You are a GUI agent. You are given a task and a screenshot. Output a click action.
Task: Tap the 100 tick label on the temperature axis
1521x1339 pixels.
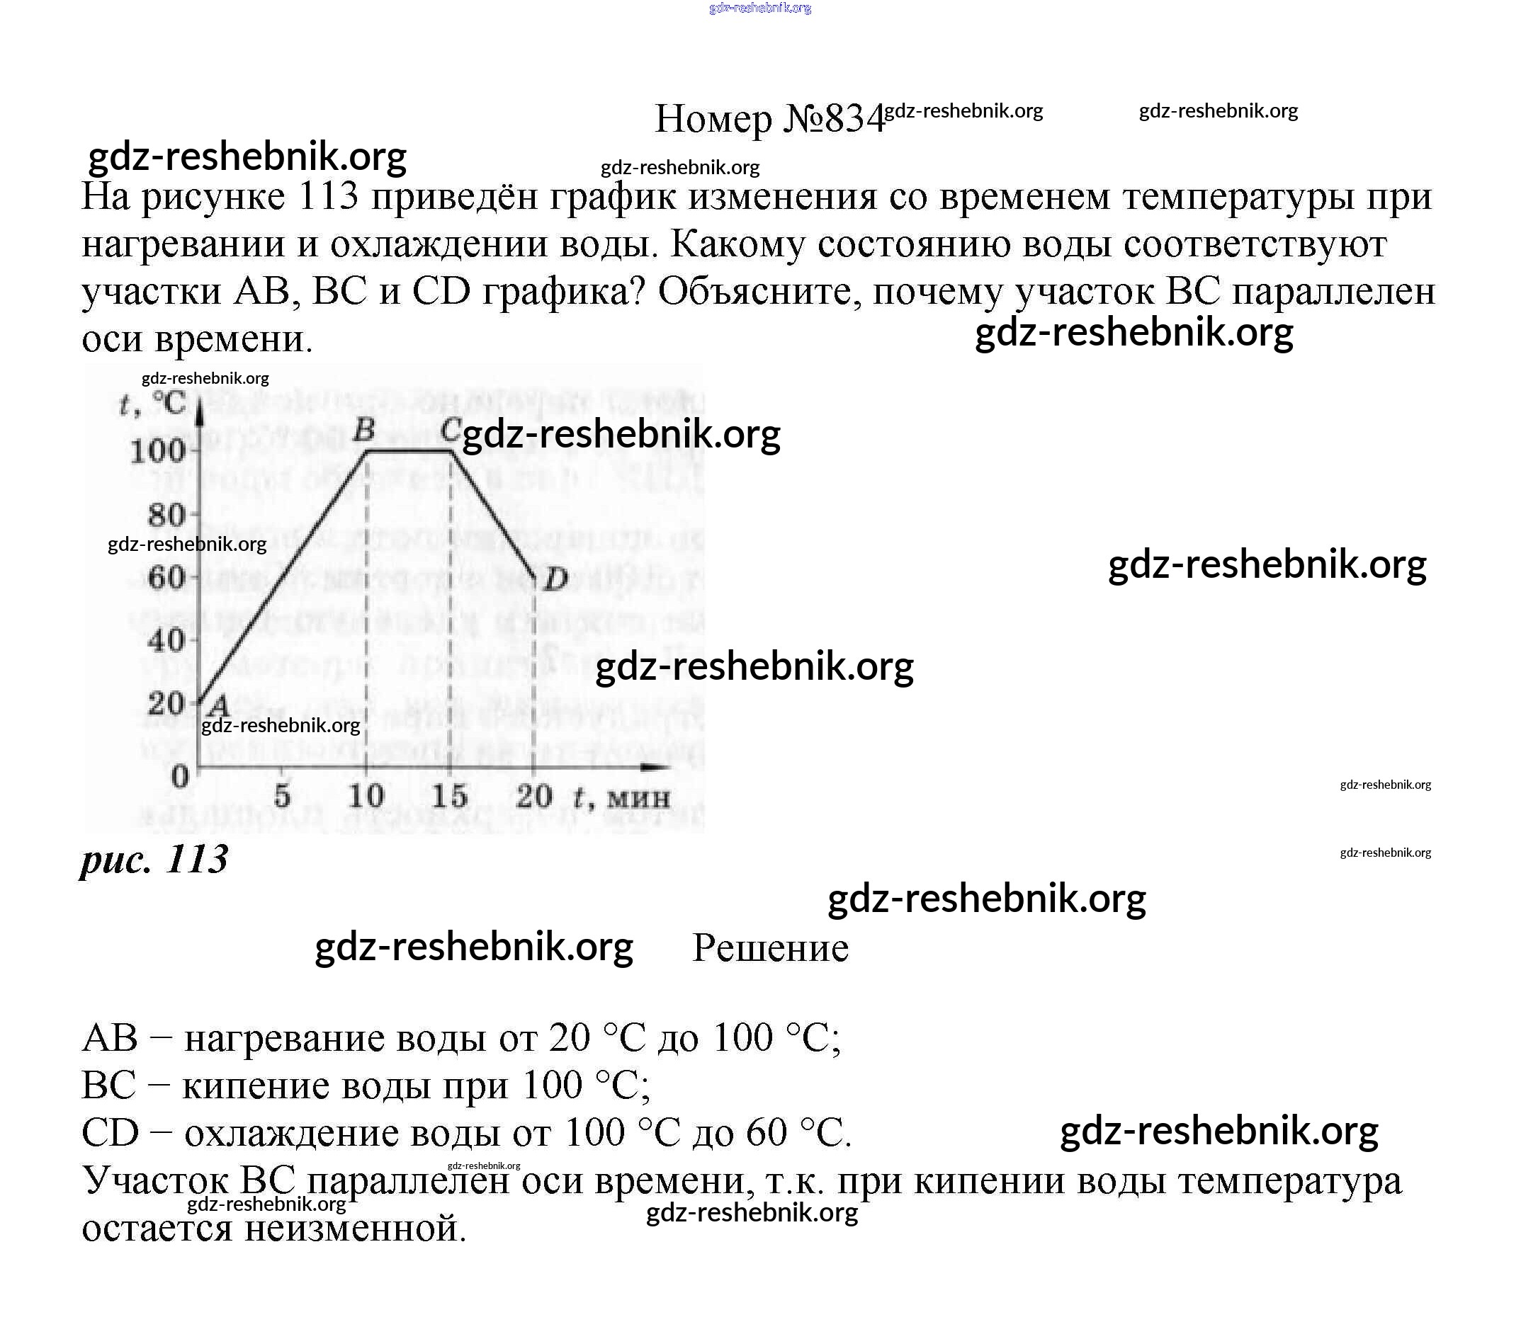[x=157, y=451]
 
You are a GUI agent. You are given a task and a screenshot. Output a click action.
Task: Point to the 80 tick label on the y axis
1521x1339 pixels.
[x=166, y=515]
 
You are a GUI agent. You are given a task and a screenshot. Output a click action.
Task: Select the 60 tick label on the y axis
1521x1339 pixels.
[x=166, y=577]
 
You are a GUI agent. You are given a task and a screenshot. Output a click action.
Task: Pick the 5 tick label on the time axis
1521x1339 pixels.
[x=282, y=796]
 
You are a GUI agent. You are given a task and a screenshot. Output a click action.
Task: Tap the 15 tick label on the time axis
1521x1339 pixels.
[x=449, y=796]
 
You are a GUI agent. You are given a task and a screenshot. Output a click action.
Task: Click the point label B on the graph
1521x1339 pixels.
[x=364, y=429]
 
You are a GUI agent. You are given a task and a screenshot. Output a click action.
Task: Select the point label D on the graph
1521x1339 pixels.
[x=555, y=579]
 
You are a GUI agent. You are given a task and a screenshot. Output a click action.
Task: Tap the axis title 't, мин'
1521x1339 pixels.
[x=622, y=797]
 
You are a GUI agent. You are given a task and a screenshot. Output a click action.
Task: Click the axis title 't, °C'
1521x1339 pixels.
[x=153, y=404]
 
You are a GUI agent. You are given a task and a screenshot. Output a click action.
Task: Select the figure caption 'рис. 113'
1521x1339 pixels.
[x=154, y=860]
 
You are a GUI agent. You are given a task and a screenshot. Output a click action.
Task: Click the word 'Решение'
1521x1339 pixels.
[x=770, y=948]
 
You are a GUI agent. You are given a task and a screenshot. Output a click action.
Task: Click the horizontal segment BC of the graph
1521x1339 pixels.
[x=409, y=450]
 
